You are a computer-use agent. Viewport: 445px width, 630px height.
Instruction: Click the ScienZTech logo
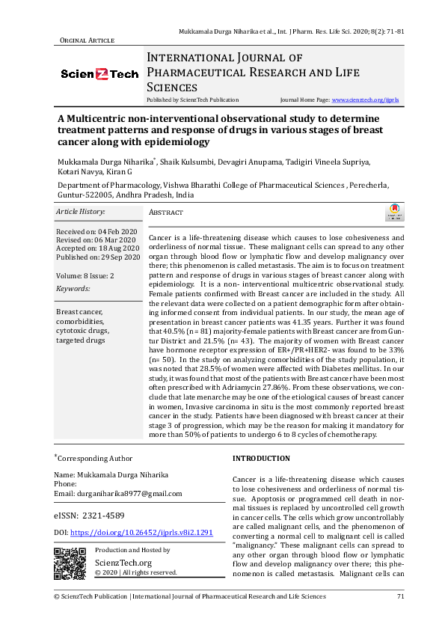tap(99, 74)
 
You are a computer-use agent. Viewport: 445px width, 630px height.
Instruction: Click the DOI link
tap(142, 532)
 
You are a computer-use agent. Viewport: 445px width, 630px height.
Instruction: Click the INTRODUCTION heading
tap(261, 458)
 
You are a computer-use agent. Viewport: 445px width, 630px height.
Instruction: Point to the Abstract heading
tap(166, 213)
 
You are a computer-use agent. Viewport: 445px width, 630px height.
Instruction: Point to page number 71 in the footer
tap(400, 596)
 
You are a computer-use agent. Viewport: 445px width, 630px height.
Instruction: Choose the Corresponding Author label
tap(96, 458)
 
